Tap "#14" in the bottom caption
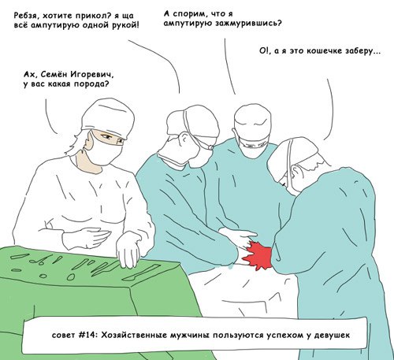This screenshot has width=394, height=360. coord(88,335)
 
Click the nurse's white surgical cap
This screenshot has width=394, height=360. coord(108,117)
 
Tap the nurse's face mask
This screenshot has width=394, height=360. coord(104,154)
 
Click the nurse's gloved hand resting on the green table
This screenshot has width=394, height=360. coord(128,250)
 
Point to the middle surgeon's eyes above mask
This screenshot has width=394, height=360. coord(253,145)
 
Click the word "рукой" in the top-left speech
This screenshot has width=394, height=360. coord(125,25)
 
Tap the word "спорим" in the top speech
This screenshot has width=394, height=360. coord(186,14)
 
